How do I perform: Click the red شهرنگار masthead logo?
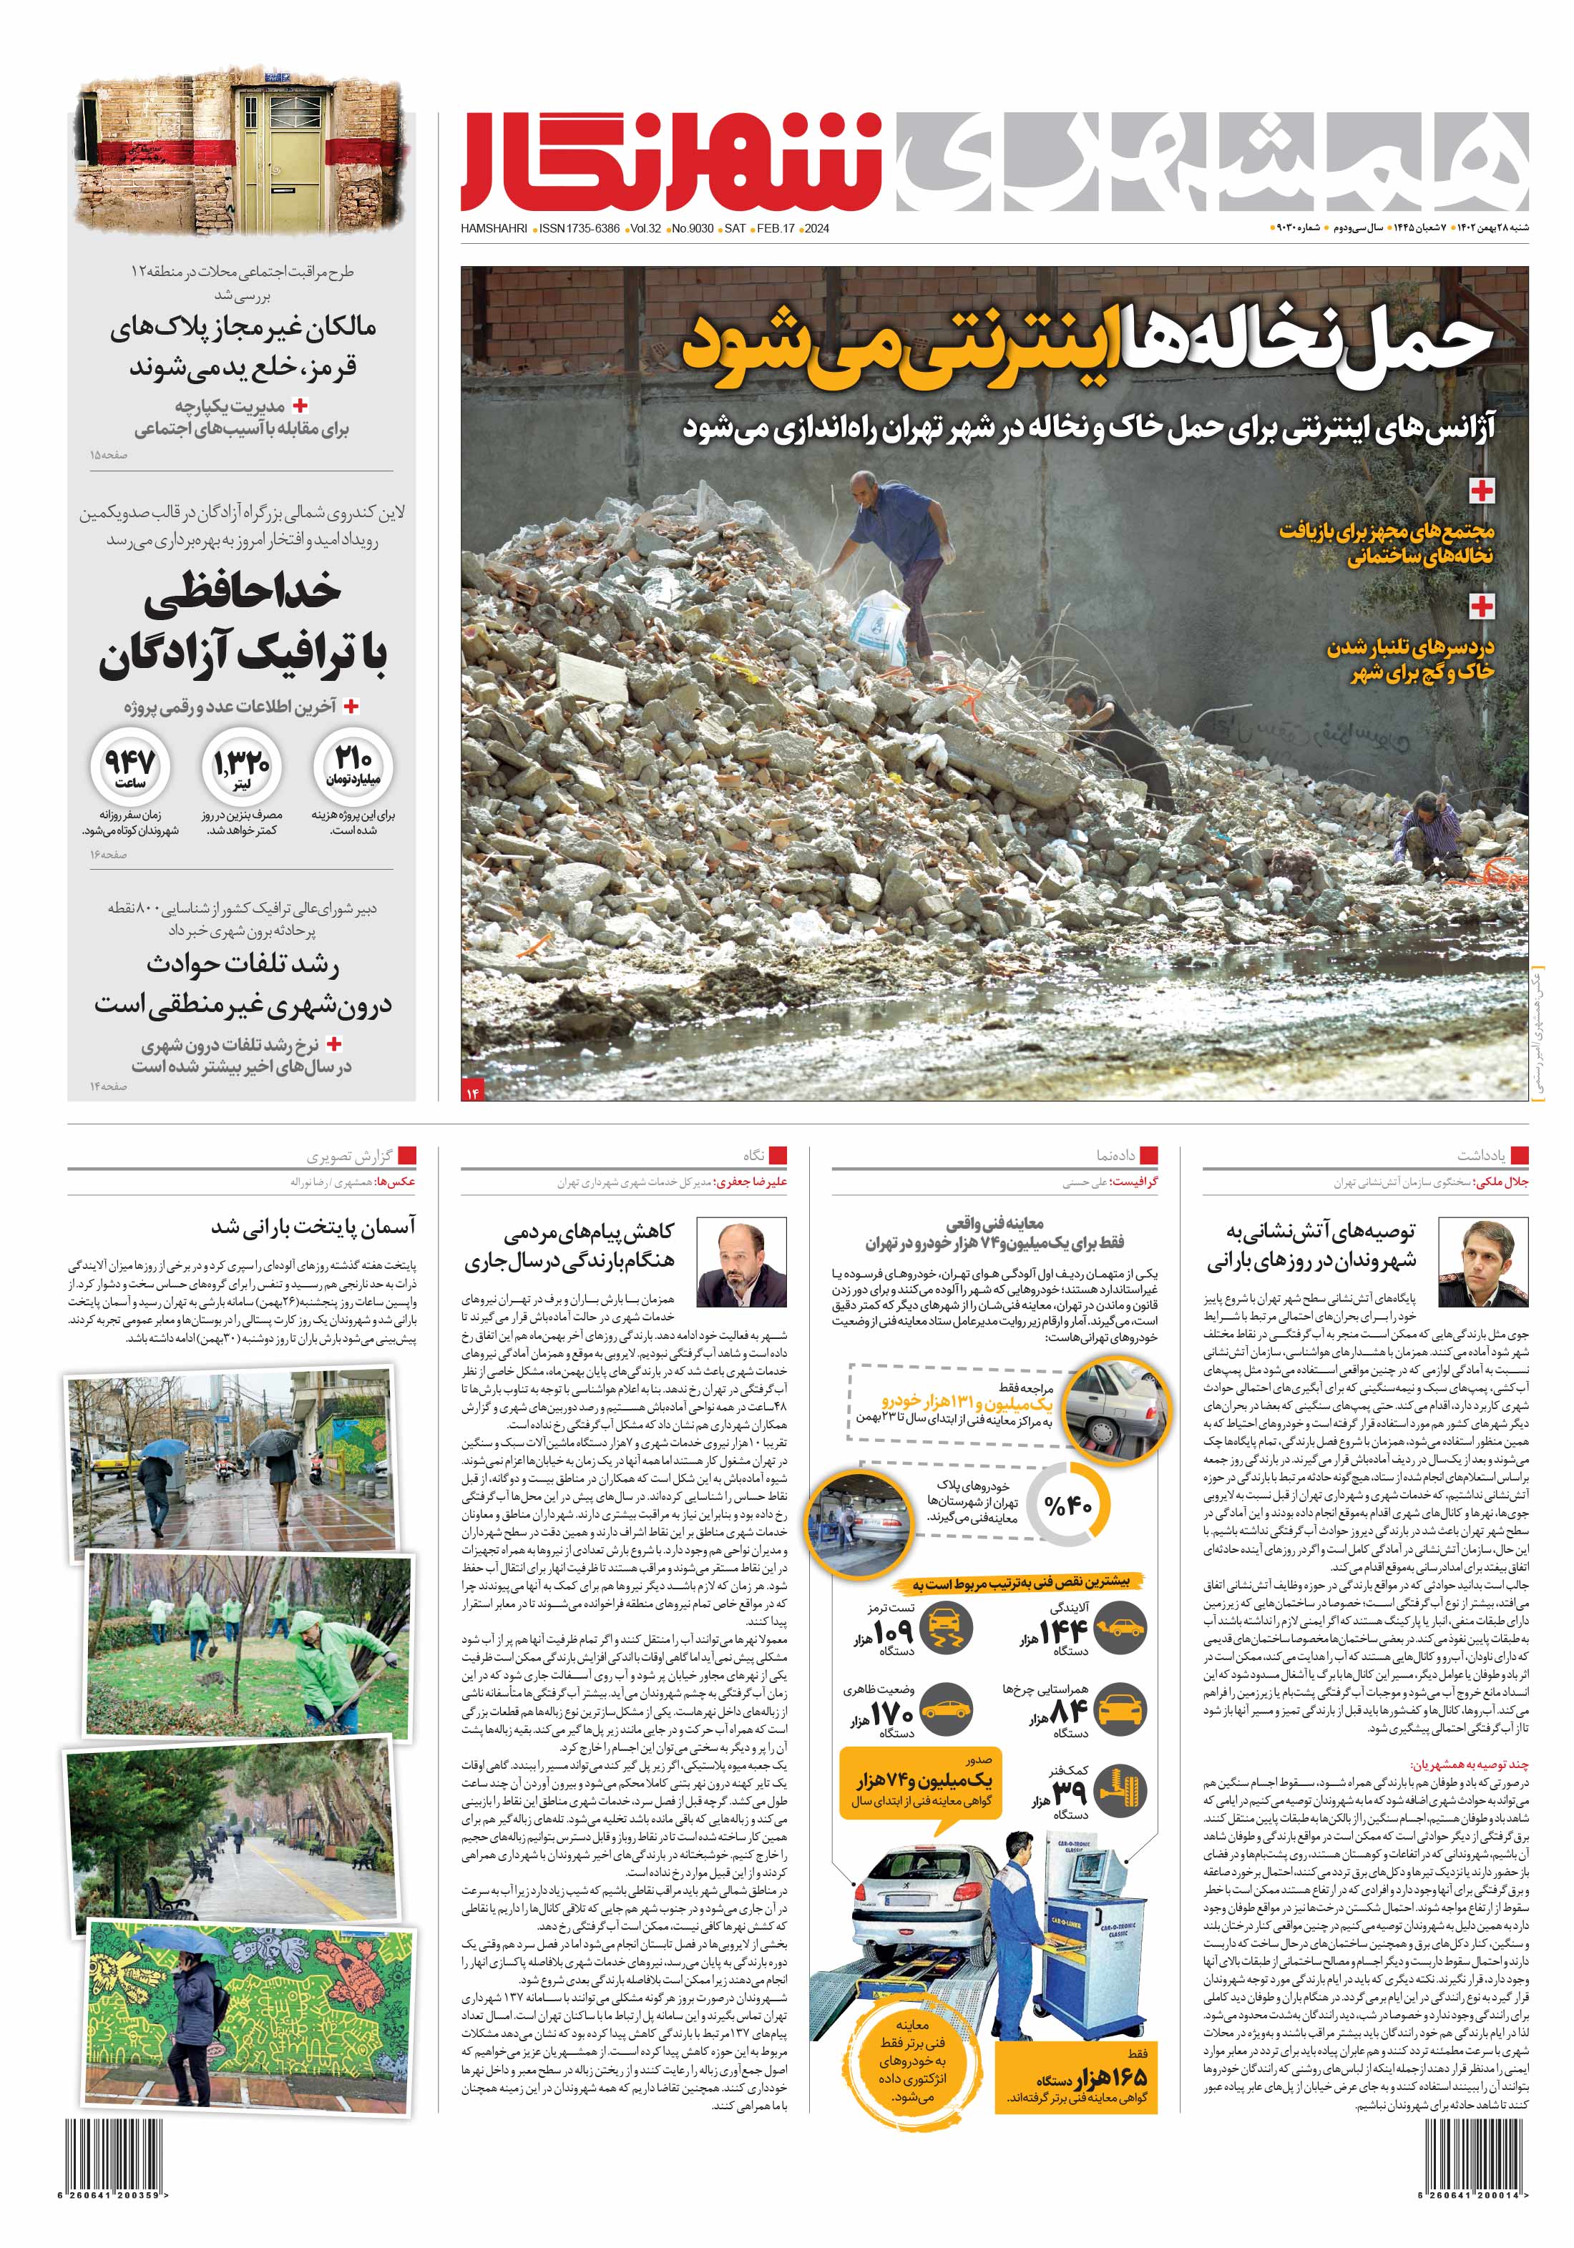672,162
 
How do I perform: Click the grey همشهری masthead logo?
1210,162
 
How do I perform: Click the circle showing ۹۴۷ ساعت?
130,767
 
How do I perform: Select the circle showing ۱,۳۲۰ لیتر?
241,767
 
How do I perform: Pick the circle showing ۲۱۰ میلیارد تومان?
353,767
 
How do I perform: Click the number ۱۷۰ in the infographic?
890,1714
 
